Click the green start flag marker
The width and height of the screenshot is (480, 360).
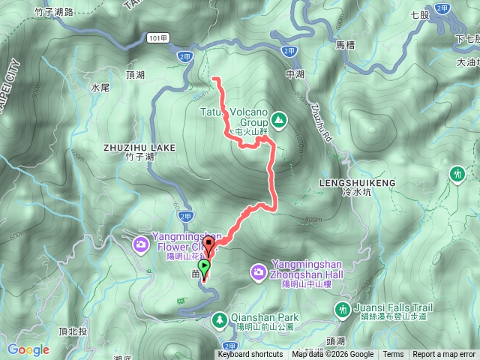205,267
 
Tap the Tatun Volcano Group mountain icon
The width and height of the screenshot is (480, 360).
278,118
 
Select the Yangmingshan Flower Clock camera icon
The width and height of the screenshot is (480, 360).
140,244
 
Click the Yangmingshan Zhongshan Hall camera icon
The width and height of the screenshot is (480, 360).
258,270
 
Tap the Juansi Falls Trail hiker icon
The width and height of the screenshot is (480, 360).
343,309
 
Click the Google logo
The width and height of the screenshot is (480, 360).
28,349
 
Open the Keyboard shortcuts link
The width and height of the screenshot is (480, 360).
250,355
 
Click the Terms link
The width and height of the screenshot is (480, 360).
393,355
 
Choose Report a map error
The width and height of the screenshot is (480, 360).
444,355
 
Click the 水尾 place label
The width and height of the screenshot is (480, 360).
100,88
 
